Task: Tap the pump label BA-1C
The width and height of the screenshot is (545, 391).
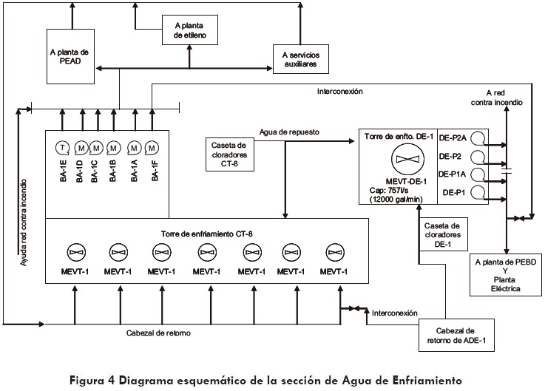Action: [95, 170]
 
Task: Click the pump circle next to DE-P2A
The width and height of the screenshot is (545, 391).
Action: [478, 138]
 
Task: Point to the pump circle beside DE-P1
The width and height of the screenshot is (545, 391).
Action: [478, 193]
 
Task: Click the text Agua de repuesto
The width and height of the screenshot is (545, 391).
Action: [289, 132]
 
